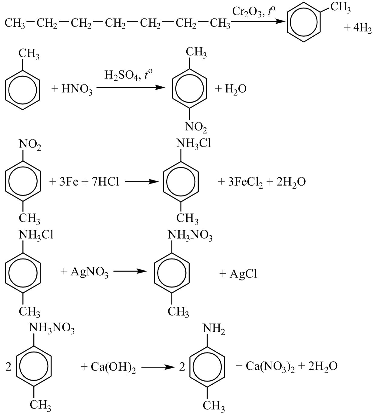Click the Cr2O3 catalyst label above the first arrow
click(x=247, y=12)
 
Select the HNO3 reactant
click(x=77, y=89)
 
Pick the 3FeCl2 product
click(x=245, y=182)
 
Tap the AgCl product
click(x=243, y=274)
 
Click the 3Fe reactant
click(x=69, y=182)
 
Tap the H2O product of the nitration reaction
click(x=236, y=89)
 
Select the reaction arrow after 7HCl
click(x=142, y=182)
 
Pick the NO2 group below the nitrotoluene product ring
click(x=196, y=127)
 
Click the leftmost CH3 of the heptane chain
click(x=15, y=23)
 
